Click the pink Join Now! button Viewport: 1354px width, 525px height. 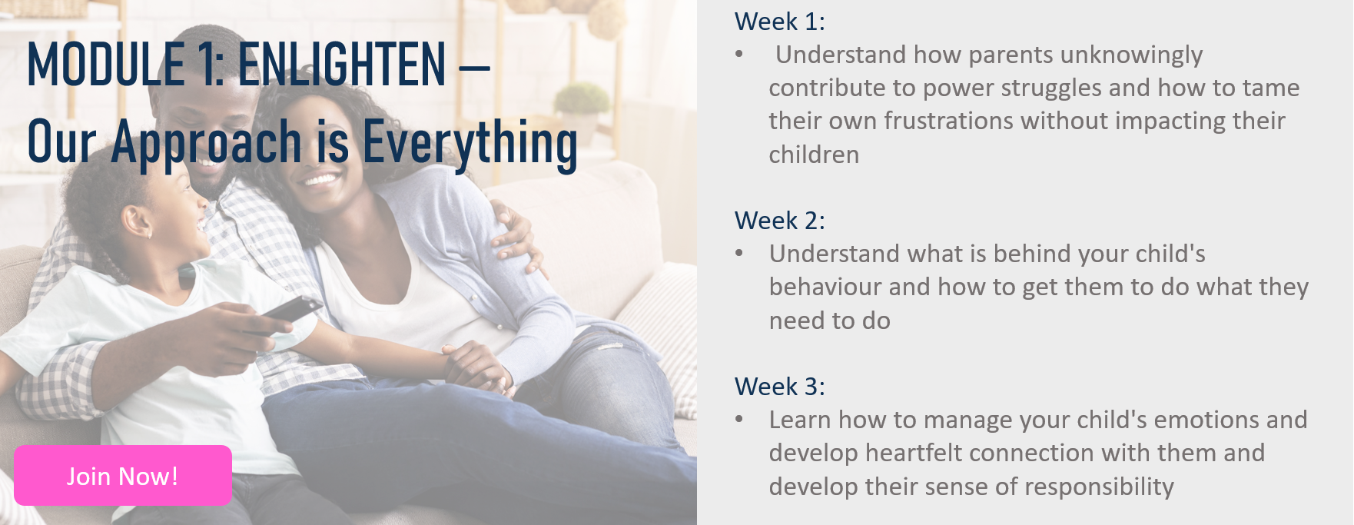[x=123, y=475]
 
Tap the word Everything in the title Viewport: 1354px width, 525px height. [x=470, y=143]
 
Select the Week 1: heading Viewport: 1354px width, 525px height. [x=779, y=22]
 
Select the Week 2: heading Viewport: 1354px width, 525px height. [x=779, y=221]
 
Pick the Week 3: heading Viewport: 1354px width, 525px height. [x=779, y=387]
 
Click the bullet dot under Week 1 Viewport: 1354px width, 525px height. [x=739, y=54]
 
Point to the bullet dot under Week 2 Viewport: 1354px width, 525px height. [x=739, y=253]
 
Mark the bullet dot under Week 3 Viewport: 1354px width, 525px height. [x=739, y=419]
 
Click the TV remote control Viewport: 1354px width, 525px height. [x=291, y=309]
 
